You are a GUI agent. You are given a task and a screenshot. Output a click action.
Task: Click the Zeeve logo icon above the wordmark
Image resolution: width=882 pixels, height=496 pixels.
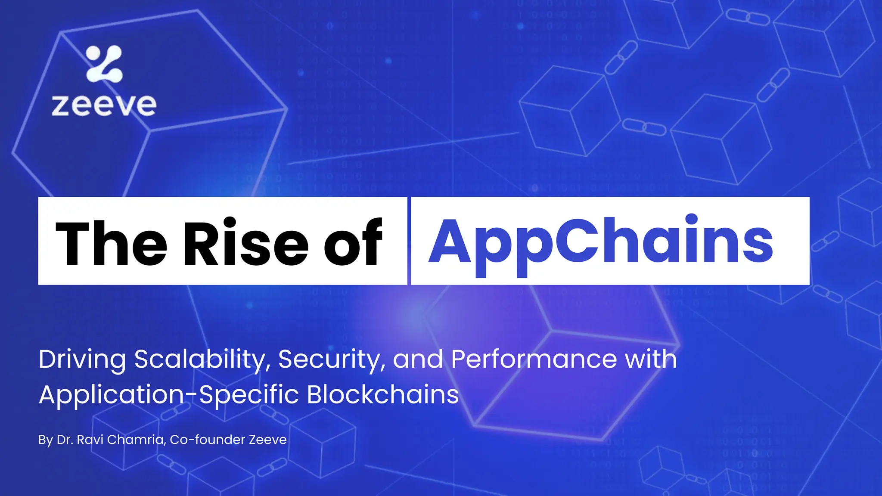point(104,64)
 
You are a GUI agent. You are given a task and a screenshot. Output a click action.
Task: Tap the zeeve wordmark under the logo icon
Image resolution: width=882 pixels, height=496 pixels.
point(104,105)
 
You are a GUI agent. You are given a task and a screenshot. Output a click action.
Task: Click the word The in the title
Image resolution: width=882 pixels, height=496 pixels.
point(111,243)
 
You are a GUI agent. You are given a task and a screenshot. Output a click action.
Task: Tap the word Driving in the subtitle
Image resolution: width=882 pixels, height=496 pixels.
point(82,360)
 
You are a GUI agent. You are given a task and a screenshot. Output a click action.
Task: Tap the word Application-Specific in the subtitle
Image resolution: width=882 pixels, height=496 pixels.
point(168,395)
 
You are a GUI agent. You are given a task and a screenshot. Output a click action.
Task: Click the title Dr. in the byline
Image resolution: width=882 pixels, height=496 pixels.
point(65,440)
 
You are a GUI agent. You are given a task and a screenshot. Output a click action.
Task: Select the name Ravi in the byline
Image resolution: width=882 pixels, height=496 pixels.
point(90,440)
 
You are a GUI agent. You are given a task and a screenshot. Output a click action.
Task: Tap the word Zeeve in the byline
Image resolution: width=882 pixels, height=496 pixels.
point(268,440)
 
